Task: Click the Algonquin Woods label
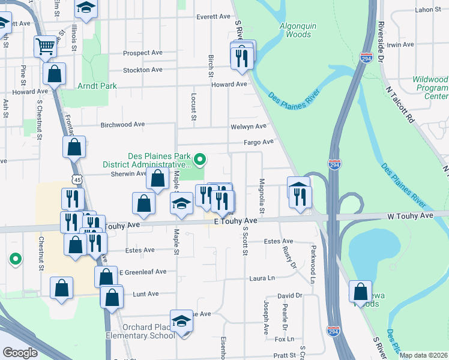(x=295, y=30)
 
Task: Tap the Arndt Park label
(x=97, y=86)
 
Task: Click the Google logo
(x=20, y=353)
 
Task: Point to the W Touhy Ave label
(x=411, y=215)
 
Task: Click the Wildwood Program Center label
(x=430, y=88)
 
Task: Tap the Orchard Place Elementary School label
(x=140, y=331)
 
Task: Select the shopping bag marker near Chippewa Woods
(x=360, y=291)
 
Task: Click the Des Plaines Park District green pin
(x=200, y=160)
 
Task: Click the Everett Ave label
(x=213, y=17)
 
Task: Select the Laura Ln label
(x=262, y=278)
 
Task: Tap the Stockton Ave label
(x=143, y=70)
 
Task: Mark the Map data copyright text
(x=423, y=355)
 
